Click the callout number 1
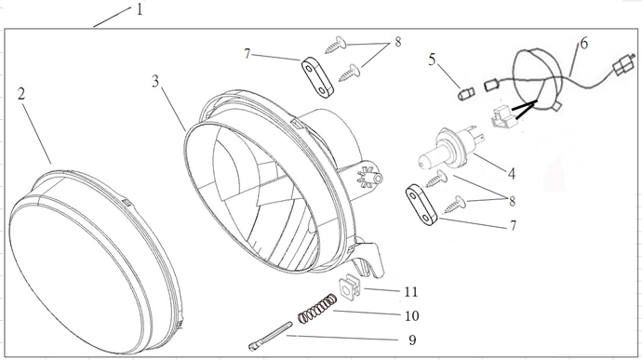point(140,9)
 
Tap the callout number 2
point(21,94)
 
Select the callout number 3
point(155,81)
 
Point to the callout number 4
point(512,174)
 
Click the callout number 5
point(433,60)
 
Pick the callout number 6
point(584,43)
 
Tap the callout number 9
point(412,340)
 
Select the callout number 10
point(412,315)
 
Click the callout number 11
point(411,291)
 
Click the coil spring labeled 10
point(317,309)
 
